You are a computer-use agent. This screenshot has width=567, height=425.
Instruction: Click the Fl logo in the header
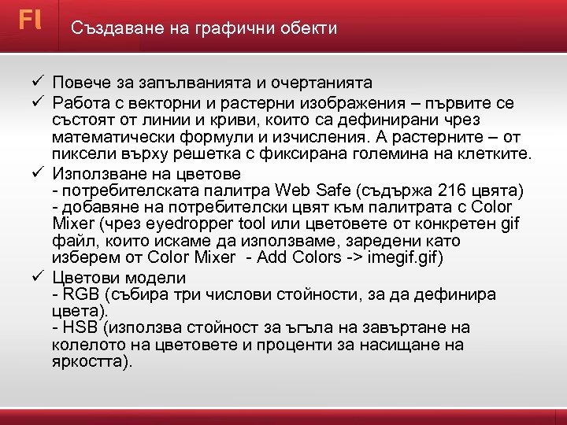coord(30,20)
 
